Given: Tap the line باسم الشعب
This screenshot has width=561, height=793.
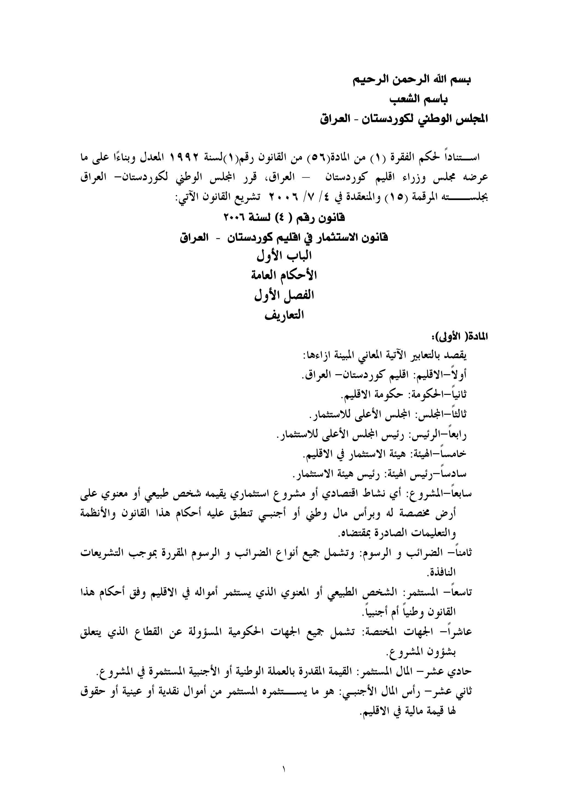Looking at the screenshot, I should [x=419, y=99].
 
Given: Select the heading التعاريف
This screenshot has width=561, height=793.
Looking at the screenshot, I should [x=284, y=315].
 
